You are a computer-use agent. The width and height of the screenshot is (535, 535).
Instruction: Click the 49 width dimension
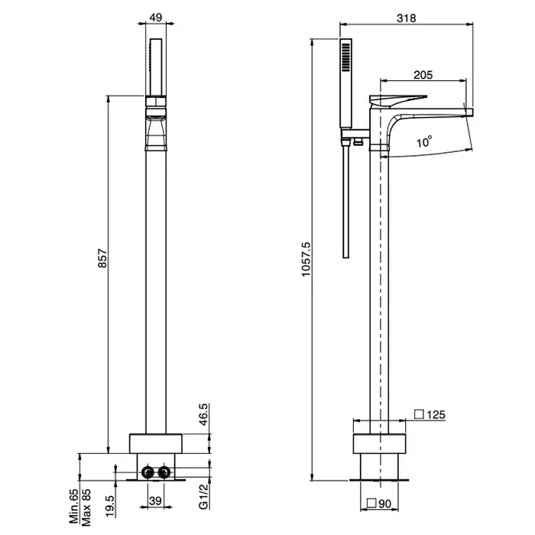pyautogui.click(x=156, y=18)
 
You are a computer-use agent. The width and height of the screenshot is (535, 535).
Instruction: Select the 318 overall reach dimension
pyautogui.click(x=406, y=18)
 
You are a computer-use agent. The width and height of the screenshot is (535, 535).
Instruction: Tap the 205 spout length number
pyautogui.click(x=423, y=75)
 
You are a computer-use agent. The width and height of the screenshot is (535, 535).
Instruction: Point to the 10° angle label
pyautogui.click(x=424, y=141)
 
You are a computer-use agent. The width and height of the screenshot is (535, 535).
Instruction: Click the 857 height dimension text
pyautogui.click(x=102, y=258)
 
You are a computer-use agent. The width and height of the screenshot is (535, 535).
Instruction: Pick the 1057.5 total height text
pyautogui.click(x=306, y=259)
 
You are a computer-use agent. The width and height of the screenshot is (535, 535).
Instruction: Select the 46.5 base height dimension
pyautogui.click(x=203, y=414)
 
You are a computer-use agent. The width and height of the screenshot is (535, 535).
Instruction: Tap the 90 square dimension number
pyautogui.click(x=384, y=504)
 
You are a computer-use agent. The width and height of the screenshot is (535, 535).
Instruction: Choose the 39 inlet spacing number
pyautogui.click(x=155, y=501)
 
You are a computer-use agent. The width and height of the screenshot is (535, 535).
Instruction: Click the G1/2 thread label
pyautogui.click(x=203, y=497)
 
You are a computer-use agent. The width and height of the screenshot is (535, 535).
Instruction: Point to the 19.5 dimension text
pyautogui.click(x=109, y=506)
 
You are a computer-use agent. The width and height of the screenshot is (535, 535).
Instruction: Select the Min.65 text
pyautogui.click(x=73, y=506)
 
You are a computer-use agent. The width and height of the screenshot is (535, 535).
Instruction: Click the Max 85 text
pyautogui.click(x=86, y=507)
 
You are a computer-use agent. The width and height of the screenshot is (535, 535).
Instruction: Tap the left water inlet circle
pyautogui.click(x=148, y=472)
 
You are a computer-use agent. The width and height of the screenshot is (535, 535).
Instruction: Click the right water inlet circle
pyautogui.click(x=164, y=472)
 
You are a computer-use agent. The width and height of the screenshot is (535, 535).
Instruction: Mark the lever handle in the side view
pyautogui.click(x=397, y=101)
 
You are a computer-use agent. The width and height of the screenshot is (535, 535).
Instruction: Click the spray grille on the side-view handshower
pyautogui.click(x=346, y=57)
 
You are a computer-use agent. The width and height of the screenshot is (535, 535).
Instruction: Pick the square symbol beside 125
pyautogui.click(x=419, y=414)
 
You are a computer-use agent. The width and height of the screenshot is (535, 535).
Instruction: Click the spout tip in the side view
pyautogui.click(x=471, y=112)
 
